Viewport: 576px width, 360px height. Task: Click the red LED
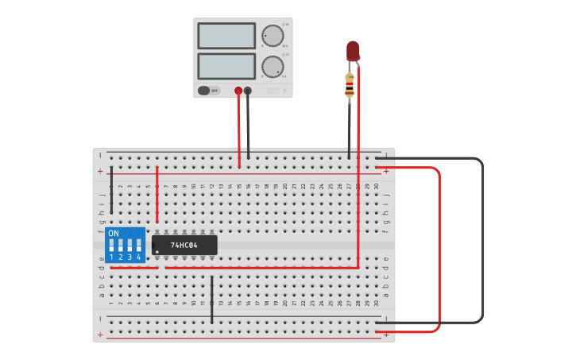[353, 52]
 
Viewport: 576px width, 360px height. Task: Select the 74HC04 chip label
[184, 245]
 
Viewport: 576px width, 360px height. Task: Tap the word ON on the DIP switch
[114, 233]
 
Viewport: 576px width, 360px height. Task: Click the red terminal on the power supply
[238, 91]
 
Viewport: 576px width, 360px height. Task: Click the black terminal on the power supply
[248, 91]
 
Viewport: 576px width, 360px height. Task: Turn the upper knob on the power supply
[273, 36]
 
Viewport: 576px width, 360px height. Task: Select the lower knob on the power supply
[273, 67]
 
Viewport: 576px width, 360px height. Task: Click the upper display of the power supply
[226, 36]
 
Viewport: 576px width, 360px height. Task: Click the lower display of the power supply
[226, 66]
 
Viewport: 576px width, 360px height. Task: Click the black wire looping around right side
[481, 238]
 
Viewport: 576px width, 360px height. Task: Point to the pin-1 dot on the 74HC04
[157, 252]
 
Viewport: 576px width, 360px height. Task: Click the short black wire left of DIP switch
[111, 191]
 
